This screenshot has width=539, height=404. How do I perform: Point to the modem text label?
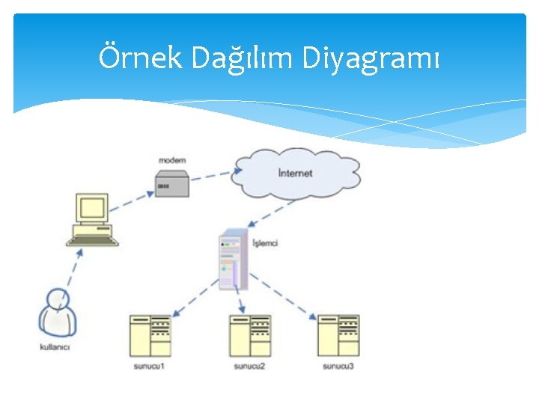[172, 160]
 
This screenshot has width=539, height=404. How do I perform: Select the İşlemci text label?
[265, 243]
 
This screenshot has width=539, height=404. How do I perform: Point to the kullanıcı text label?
[55, 347]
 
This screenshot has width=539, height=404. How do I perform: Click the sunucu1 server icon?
[150, 335]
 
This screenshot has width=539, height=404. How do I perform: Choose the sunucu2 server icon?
[250, 335]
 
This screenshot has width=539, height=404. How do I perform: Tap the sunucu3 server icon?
[338, 335]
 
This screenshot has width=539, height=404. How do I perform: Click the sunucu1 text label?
[149, 366]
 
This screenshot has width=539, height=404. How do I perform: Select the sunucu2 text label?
[249, 366]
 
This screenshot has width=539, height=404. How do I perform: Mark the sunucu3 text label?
[338, 366]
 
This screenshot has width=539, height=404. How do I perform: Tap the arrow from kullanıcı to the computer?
[72, 269]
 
